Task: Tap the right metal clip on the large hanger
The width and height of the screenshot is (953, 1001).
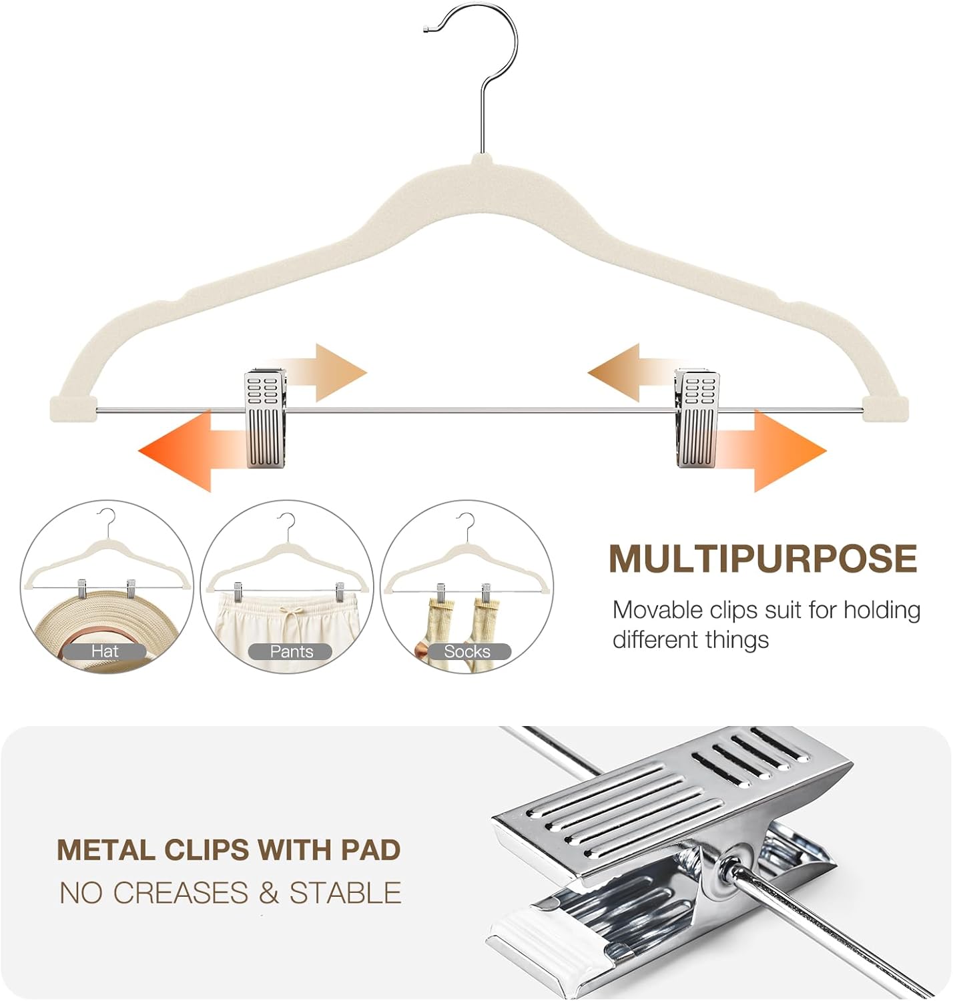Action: point(697,419)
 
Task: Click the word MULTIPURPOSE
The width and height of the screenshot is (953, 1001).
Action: point(762,559)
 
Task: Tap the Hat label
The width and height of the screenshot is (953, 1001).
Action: point(105,651)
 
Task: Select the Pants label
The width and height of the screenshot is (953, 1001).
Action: point(291,651)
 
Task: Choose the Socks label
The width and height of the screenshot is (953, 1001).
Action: point(467,651)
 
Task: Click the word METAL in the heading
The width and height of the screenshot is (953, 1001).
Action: point(106,850)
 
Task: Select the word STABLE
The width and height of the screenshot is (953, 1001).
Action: point(345,893)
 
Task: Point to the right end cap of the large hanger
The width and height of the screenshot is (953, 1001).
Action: point(886,408)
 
